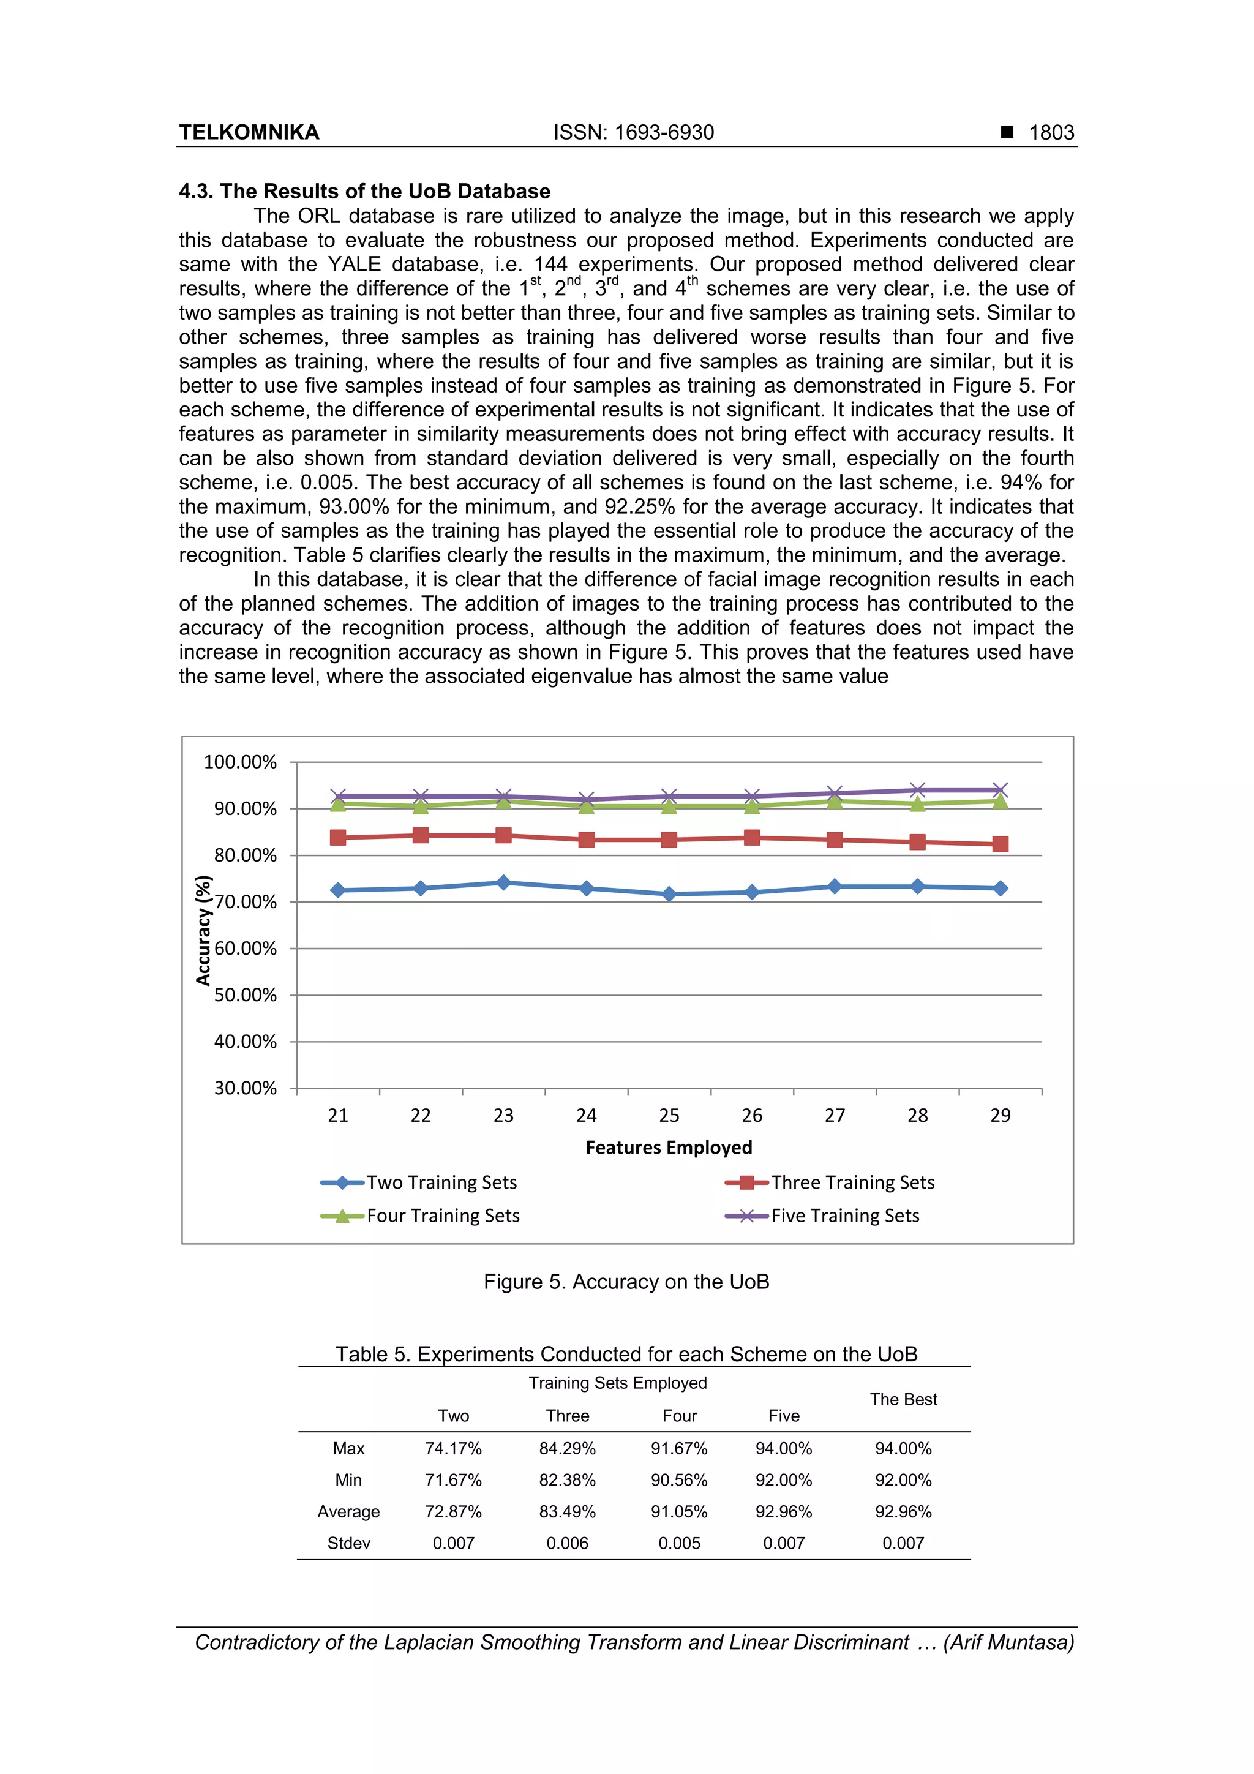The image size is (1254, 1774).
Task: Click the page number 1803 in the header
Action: [x=1051, y=132]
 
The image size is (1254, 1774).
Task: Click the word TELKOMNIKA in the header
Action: [x=249, y=132]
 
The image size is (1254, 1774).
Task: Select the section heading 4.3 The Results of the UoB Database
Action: [x=365, y=191]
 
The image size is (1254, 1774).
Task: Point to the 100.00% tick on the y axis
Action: [x=239, y=762]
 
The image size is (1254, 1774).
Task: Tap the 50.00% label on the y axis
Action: [x=245, y=995]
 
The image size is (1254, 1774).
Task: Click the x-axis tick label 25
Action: [x=669, y=1115]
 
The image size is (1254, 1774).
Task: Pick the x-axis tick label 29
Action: [x=1000, y=1115]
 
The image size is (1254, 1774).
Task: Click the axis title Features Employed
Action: [x=669, y=1148]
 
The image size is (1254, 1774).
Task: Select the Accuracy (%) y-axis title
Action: [x=203, y=930]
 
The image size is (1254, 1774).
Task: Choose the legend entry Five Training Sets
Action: [x=844, y=1216]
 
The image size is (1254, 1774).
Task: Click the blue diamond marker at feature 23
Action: [x=504, y=882]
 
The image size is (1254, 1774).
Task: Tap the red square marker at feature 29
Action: [x=1000, y=844]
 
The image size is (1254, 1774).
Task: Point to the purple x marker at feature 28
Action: [x=917, y=791]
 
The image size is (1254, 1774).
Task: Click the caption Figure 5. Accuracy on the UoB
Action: [x=626, y=1282]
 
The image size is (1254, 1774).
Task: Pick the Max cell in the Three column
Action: [x=567, y=1449]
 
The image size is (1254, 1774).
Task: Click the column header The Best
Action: [x=903, y=1399]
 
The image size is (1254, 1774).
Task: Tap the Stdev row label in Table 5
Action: [x=348, y=1543]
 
